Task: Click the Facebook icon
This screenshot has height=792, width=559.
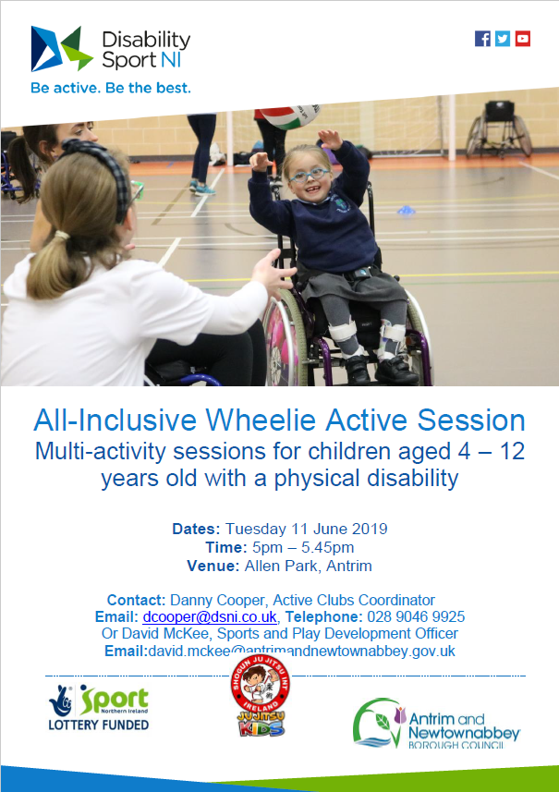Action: tap(482, 38)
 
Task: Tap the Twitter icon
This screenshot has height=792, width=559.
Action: tap(503, 38)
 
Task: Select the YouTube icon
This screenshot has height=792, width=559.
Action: tap(523, 38)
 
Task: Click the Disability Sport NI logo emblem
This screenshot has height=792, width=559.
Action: tap(62, 48)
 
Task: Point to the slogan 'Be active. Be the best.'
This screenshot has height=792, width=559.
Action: tap(110, 89)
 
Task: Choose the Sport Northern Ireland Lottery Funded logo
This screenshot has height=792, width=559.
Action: tap(98, 708)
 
